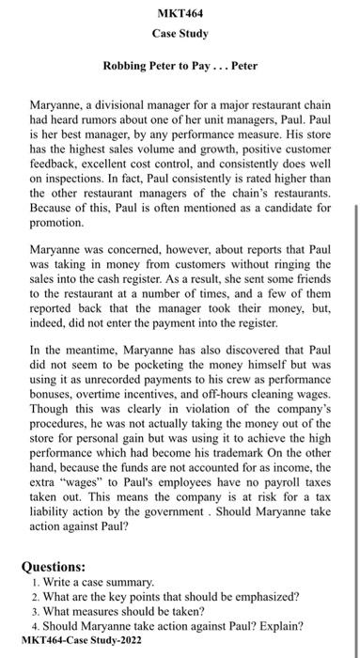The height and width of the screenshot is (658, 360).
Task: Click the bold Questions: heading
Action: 62,567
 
